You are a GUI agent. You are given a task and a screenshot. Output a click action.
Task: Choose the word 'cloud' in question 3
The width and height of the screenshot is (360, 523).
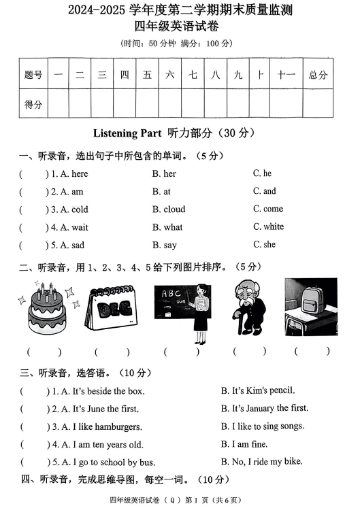click(x=169, y=209)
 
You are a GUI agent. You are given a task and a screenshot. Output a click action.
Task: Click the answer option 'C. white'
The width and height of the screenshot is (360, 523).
click(x=268, y=226)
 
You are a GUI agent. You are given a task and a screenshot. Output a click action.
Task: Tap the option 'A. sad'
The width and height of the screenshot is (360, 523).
click(x=68, y=245)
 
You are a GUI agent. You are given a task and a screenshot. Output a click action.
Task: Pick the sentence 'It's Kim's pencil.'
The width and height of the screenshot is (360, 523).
click(x=258, y=391)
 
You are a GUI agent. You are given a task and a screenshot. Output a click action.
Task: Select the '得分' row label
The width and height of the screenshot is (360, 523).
click(x=33, y=104)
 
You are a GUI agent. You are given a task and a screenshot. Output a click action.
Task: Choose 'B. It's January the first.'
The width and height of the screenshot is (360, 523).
click(x=264, y=409)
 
